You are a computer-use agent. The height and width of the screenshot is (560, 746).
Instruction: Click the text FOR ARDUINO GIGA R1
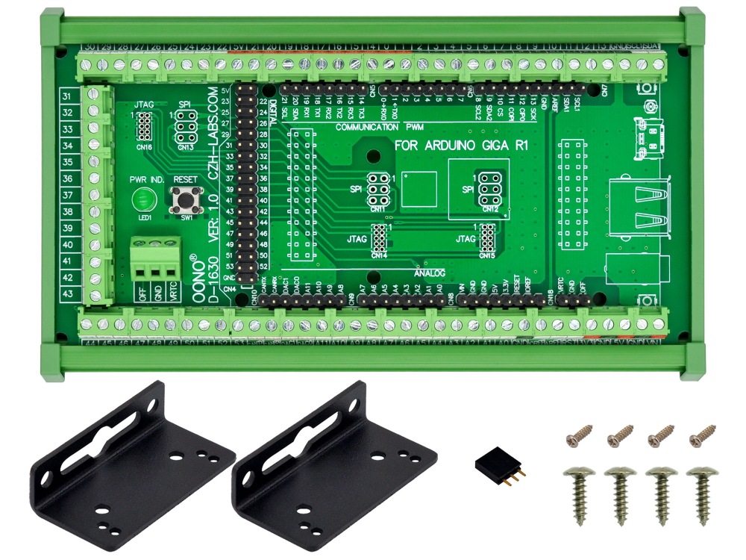(x=461, y=146)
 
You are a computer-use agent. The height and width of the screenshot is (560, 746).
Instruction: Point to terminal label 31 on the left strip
(x=66, y=97)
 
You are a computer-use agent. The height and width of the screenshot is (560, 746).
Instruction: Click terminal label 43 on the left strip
(x=66, y=293)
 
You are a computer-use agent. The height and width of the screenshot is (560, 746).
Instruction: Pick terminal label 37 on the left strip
(x=66, y=195)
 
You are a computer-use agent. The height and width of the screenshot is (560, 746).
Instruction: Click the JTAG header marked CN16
(x=144, y=128)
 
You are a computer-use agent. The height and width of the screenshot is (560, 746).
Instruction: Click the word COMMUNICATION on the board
(x=366, y=128)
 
